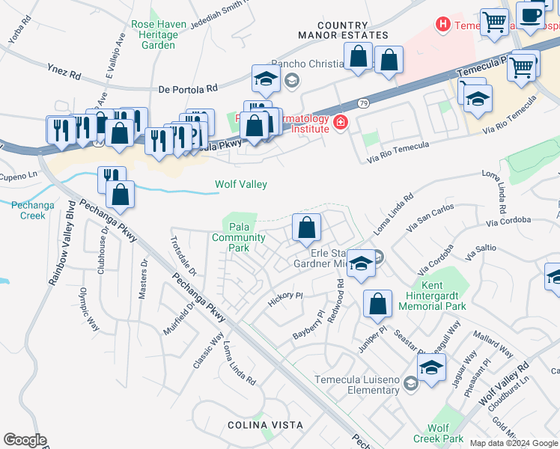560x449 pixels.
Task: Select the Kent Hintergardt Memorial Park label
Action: (x=432, y=296)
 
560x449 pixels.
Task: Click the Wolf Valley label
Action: (x=241, y=184)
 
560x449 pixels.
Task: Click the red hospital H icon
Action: (x=444, y=25)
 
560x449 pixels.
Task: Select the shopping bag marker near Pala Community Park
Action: (x=306, y=228)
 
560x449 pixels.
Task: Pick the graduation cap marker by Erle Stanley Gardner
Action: (x=361, y=264)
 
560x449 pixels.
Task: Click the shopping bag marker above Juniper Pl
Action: (x=378, y=305)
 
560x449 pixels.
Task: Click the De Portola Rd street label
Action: (x=188, y=88)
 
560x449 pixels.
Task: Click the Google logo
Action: (x=25, y=440)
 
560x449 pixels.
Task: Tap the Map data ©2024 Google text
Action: (x=513, y=443)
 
